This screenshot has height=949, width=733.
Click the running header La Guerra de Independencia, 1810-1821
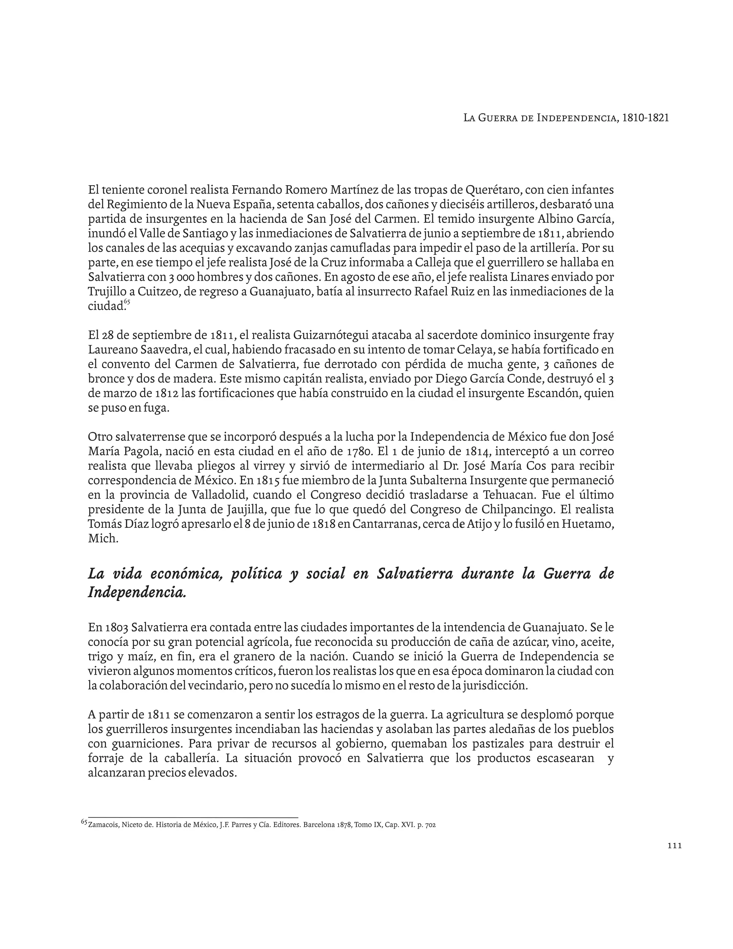tap(566, 118)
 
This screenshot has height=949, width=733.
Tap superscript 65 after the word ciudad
tap(127, 302)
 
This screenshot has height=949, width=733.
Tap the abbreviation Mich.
tap(103, 538)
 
